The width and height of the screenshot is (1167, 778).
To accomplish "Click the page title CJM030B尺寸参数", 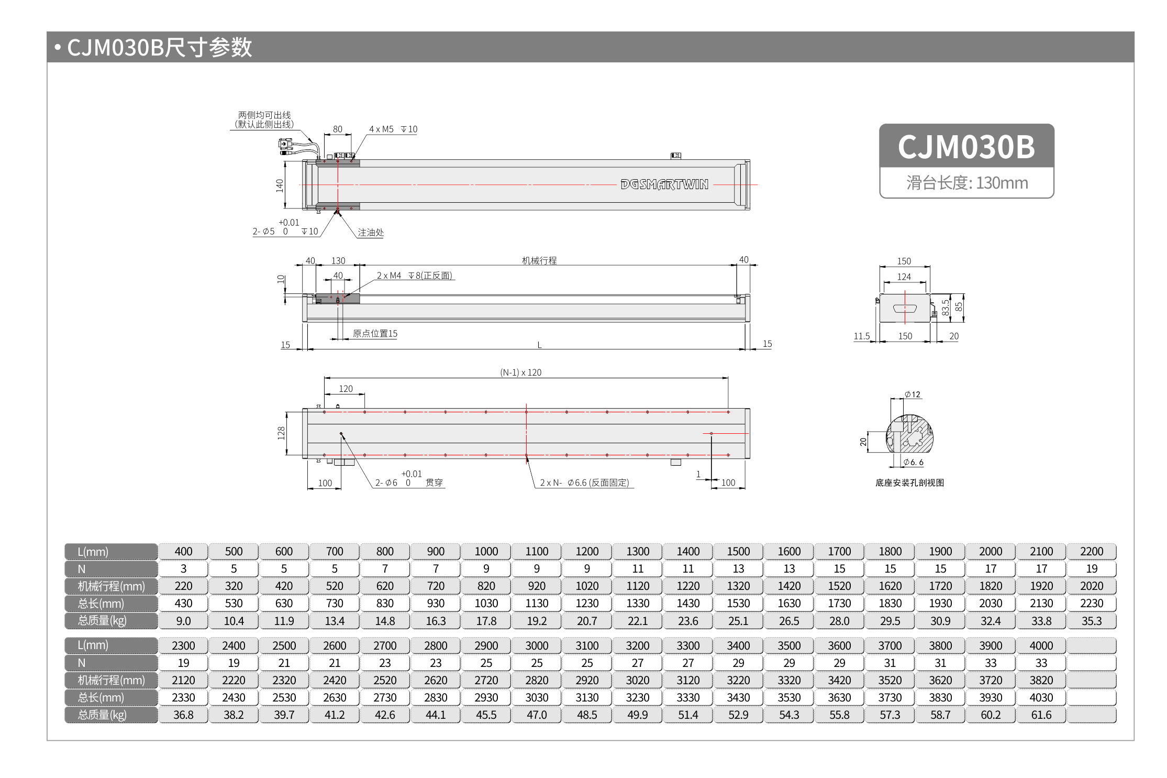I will tap(159, 47).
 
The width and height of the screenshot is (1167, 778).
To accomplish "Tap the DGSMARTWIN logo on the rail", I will tap(664, 184).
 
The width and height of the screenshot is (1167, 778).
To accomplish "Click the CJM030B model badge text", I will tap(966, 147).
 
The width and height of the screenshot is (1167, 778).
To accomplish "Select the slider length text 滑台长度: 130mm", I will tap(967, 183).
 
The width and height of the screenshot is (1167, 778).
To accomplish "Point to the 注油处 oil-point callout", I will tap(370, 232).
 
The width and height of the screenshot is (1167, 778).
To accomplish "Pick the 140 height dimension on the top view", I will tap(280, 185).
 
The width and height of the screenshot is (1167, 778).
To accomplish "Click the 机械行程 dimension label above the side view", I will tap(539, 260).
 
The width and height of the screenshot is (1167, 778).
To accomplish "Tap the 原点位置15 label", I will tap(375, 333).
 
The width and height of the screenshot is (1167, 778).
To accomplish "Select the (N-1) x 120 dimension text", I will tap(520, 372).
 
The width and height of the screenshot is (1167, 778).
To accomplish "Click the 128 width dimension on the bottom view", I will tap(281, 433).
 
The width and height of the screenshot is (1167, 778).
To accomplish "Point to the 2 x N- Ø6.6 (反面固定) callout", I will tap(584, 483).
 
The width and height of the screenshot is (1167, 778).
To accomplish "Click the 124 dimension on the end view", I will tap(904, 277).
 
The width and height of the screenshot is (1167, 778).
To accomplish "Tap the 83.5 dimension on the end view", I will tap(946, 308).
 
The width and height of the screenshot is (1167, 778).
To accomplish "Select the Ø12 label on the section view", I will tap(913, 395).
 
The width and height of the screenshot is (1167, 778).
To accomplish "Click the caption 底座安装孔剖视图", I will tap(909, 483).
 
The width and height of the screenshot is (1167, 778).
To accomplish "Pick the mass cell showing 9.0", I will tap(183, 621).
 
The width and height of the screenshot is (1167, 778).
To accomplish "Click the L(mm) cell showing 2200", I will tap(1091, 551).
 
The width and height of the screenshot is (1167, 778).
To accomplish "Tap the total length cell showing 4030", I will tap(1041, 697).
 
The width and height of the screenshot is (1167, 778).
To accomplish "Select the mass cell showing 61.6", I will tap(1041, 715).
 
